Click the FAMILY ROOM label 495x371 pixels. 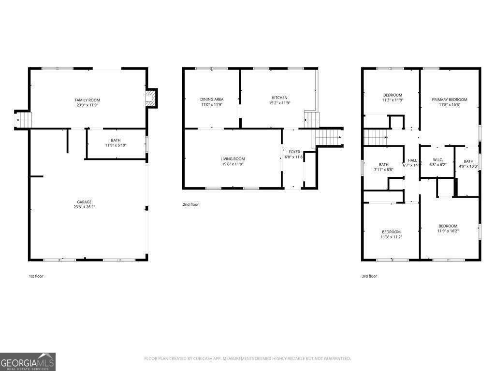point(87,100)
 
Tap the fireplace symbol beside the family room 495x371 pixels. point(151,99)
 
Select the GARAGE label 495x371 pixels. point(84,202)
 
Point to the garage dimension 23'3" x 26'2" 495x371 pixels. point(84,207)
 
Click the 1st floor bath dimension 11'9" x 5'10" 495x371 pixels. point(116,145)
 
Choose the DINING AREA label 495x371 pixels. point(212,99)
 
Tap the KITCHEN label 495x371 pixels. point(279,98)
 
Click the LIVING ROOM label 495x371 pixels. point(233,159)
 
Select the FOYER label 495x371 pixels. point(294,152)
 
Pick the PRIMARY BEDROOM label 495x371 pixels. point(450,100)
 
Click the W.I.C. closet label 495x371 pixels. point(438,160)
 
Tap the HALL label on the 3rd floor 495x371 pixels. point(412,160)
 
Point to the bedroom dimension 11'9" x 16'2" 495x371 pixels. point(448,231)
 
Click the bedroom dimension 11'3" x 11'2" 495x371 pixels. point(391,237)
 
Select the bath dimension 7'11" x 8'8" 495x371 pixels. point(383,170)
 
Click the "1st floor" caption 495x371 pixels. point(36,276)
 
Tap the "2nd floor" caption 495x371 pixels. point(190,205)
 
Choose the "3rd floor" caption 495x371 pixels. point(369,276)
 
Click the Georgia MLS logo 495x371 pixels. point(28,362)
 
